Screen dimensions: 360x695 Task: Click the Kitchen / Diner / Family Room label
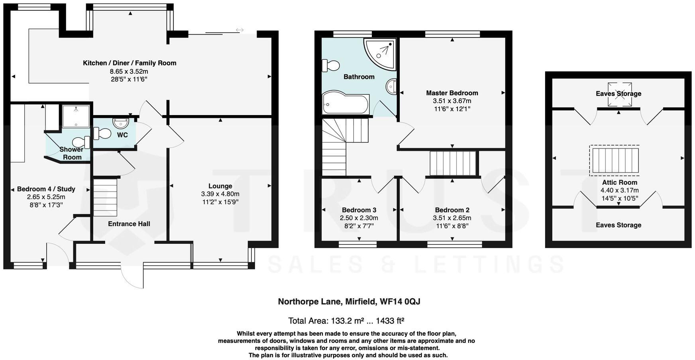coord(130,63)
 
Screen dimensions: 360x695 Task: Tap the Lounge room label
coord(220,186)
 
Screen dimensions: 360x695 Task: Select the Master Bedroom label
coord(452,93)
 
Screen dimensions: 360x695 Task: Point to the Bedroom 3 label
coord(359,210)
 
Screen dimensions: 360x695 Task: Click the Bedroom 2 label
coord(452,210)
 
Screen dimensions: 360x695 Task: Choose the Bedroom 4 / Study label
coord(46,189)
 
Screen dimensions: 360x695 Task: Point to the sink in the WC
coord(121,123)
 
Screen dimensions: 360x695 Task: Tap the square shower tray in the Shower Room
coord(76,116)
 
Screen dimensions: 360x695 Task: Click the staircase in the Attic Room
coord(615,160)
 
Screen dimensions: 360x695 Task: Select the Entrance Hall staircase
coord(105,197)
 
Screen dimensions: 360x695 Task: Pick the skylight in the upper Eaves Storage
coord(619,95)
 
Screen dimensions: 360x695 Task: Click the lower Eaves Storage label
coord(618,225)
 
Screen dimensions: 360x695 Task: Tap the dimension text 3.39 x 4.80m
coord(220,194)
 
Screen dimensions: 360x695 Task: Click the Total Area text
coord(346,321)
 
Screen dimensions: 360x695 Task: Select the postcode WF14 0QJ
coord(400,301)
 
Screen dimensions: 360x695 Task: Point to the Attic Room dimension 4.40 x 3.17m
coord(619,190)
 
